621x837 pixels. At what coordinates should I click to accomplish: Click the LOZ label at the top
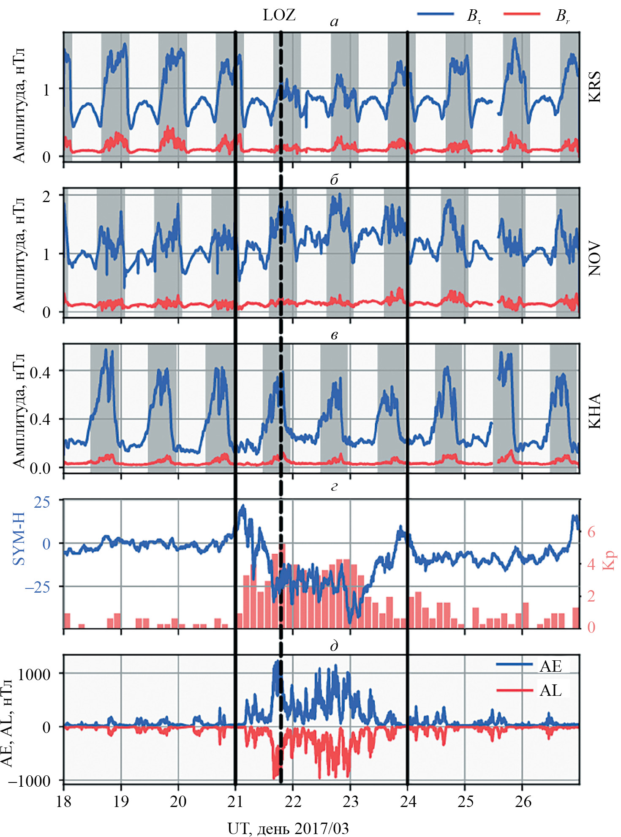[x=279, y=15]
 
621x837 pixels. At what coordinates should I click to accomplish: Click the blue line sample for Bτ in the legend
[x=435, y=14]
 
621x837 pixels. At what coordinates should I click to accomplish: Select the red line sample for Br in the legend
[x=522, y=14]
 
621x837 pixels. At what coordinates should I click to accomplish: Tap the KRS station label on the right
[x=594, y=87]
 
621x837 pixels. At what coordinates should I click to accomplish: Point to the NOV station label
[x=594, y=259]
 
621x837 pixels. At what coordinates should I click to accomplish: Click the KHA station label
[x=594, y=411]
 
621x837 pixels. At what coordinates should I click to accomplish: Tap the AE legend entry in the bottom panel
[x=550, y=666]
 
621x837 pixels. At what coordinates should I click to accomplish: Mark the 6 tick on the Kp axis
[x=591, y=532]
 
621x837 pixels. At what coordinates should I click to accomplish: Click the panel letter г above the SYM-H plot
[x=334, y=487]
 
